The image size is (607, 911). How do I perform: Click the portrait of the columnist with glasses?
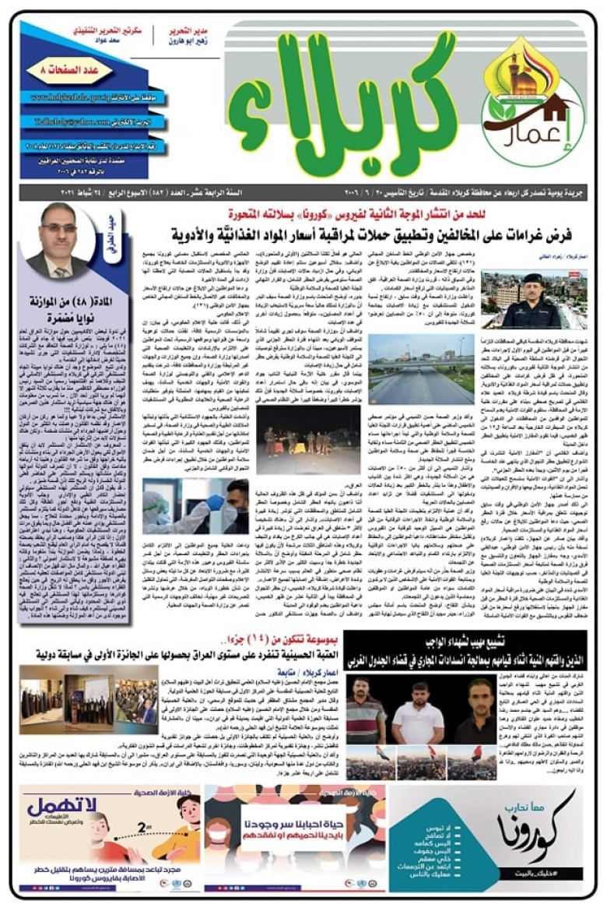click(x=58, y=241)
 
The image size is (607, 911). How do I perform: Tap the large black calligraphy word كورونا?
click(x=539, y=825)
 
